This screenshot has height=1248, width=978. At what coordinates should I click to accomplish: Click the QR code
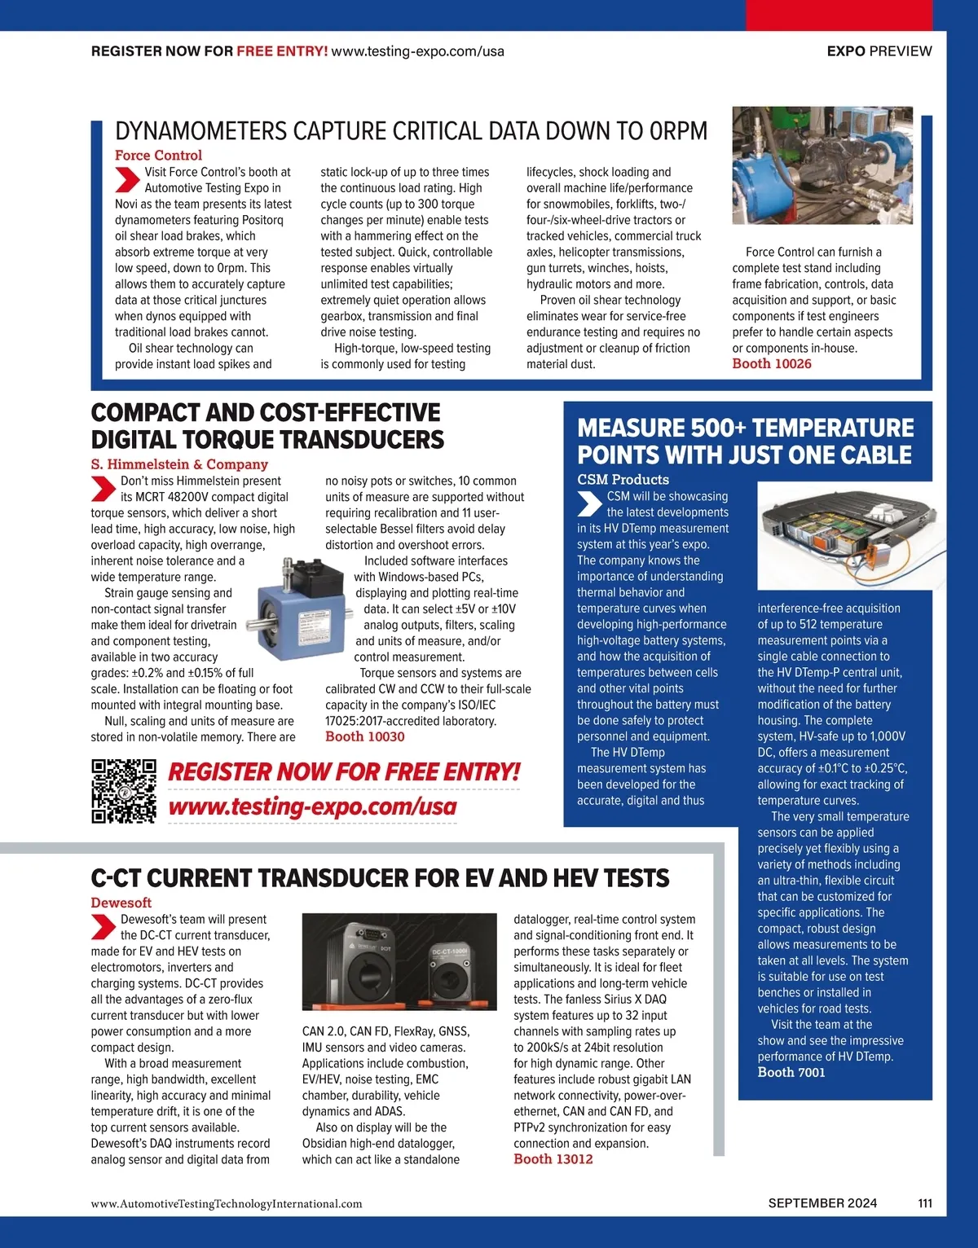[123, 791]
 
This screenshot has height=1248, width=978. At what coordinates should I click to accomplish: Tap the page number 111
[925, 1203]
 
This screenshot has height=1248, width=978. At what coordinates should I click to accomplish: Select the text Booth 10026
[771, 364]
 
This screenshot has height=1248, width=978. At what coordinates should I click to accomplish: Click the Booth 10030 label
[364, 736]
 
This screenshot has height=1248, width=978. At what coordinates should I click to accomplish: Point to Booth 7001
[791, 1073]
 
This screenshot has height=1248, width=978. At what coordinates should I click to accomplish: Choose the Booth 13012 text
[553, 1159]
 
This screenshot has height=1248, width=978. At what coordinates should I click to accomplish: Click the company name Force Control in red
[158, 156]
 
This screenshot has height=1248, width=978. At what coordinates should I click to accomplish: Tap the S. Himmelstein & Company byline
[179, 464]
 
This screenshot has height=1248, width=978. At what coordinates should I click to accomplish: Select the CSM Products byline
[623, 480]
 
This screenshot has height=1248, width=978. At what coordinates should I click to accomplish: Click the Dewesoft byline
[121, 903]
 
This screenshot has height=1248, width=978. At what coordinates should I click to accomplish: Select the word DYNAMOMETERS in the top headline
[200, 131]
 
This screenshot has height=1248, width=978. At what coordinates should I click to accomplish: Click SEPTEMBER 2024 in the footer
[822, 1203]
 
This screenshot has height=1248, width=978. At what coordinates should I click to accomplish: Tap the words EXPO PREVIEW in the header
[879, 51]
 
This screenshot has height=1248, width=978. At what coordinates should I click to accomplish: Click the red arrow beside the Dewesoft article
[104, 927]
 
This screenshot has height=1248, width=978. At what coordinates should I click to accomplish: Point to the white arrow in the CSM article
[589, 504]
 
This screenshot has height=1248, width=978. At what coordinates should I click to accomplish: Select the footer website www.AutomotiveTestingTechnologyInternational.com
[227, 1204]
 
